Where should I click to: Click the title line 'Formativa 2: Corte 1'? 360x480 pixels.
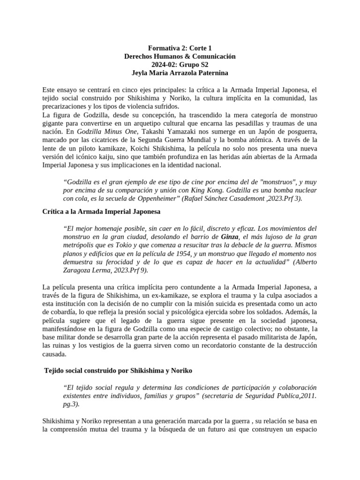(x=180, y=48)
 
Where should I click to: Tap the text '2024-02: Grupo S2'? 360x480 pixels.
(x=180, y=65)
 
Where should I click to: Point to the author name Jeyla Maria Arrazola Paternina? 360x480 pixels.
(x=180, y=73)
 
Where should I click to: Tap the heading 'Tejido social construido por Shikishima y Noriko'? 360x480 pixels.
(x=118, y=370)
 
